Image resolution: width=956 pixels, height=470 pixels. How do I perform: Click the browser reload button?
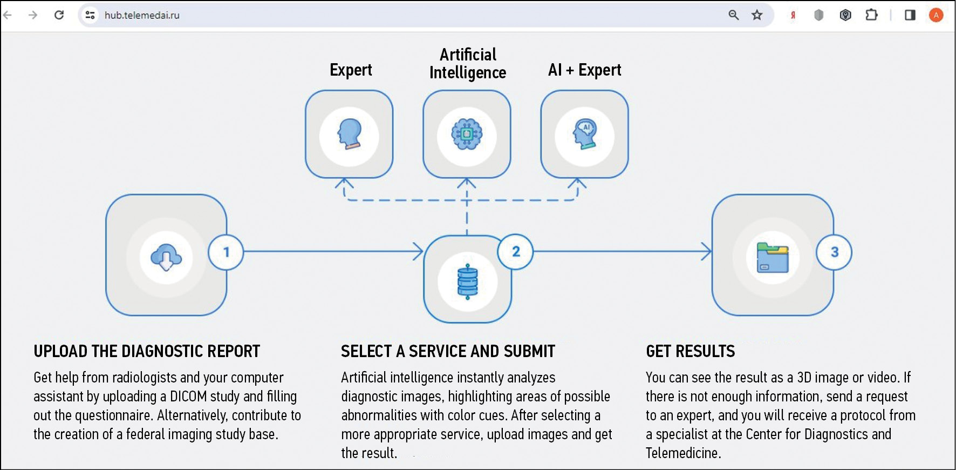(x=59, y=15)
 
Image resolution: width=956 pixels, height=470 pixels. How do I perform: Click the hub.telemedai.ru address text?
(x=142, y=15)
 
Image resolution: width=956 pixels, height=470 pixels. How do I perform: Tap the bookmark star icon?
(x=757, y=15)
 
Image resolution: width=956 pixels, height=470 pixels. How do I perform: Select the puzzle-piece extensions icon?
(x=871, y=15)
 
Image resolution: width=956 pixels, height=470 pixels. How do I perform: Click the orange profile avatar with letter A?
(x=936, y=15)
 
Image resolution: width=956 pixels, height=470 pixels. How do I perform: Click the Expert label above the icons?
(x=351, y=70)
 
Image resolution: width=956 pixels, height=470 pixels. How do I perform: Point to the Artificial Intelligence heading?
(x=468, y=64)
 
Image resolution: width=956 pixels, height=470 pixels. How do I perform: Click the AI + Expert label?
(x=584, y=70)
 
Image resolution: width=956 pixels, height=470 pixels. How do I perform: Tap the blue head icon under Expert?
(x=349, y=135)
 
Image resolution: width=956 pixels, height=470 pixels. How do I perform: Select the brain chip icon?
(x=467, y=135)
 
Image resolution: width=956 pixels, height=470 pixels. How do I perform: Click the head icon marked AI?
(x=584, y=135)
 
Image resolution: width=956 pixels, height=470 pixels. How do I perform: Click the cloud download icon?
(x=166, y=257)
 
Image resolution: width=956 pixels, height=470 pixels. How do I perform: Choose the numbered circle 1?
(x=226, y=252)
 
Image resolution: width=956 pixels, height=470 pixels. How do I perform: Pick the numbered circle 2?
(x=516, y=251)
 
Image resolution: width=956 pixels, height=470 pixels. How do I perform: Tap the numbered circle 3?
(x=834, y=252)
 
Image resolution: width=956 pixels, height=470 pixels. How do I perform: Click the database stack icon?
(x=467, y=281)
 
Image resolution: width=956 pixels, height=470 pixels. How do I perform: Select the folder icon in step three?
(x=773, y=258)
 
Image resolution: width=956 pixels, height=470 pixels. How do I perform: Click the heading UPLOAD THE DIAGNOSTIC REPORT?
(x=147, y=352)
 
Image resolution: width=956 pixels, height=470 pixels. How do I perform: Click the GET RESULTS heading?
(x=690, y=352)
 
